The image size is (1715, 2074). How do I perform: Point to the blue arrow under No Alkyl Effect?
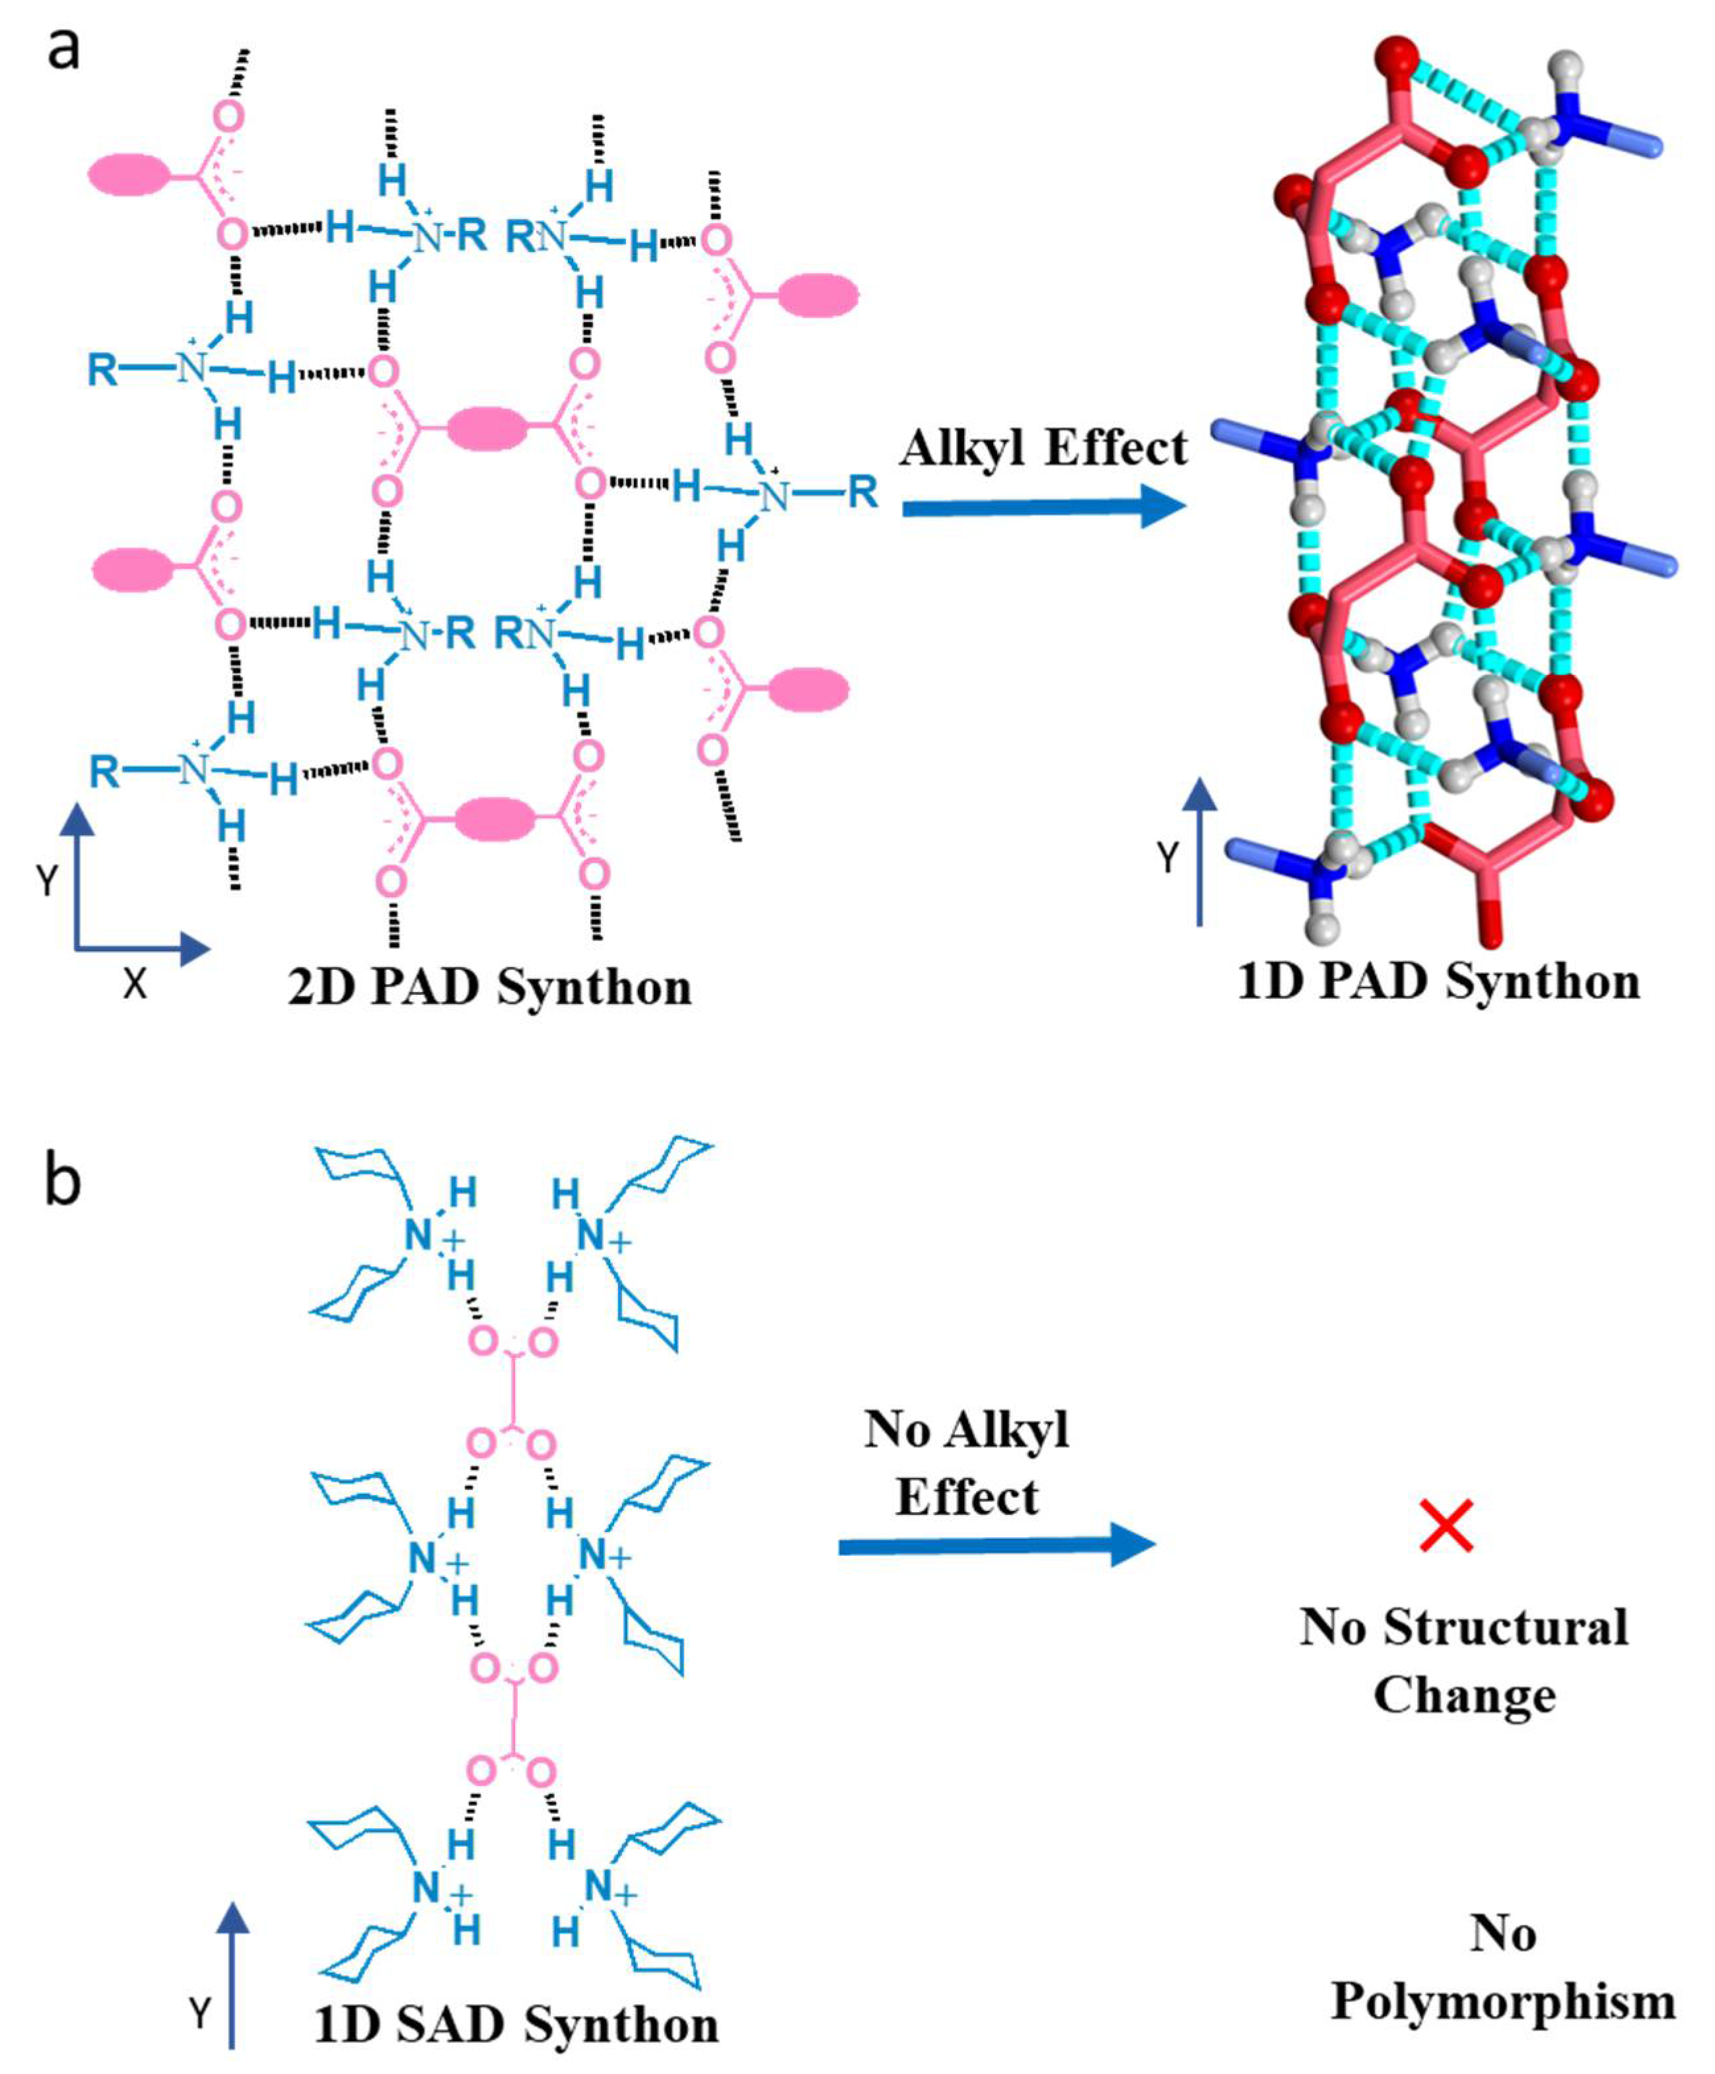pyautogui.click(x=996, y=1545)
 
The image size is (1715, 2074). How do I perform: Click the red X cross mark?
pyautogui.click(x=1446, y=1526)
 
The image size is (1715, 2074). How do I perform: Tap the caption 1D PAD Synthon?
pyautogui.click(x=1438, y=982)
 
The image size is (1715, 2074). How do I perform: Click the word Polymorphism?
pyautogui.click(x=1502, y=2002)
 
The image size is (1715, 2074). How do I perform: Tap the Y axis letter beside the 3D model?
pyautogui.click(x=1168, y=857)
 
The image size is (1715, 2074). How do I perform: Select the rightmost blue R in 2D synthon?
pyautogui.click(x=862, y=491)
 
